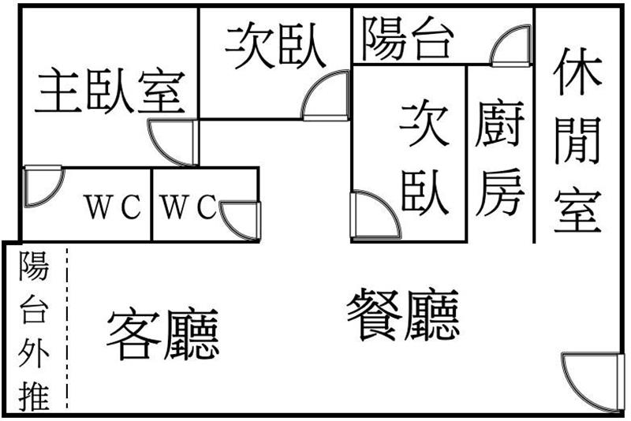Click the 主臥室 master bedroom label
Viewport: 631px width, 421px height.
click(111, 91)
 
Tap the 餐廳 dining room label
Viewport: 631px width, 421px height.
click(403, 315)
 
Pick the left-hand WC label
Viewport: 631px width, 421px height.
click(114, 209)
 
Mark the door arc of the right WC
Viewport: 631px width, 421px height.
click(239, 220)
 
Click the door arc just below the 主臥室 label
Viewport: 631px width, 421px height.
click(173, 143)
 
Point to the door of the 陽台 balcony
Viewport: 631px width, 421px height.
click(513, 47)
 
